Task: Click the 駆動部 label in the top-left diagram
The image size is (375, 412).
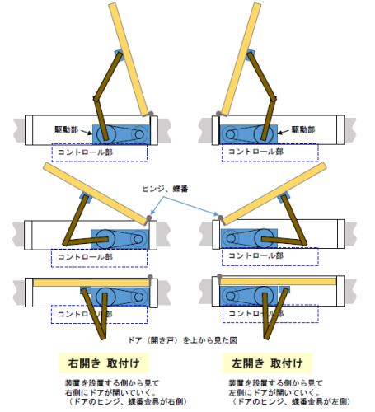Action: [x=66, y=129]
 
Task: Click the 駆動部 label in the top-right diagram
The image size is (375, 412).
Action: [x=303, y=129]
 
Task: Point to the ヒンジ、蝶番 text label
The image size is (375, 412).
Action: [x=165, y=189]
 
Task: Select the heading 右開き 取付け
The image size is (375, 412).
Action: [x=104, y=363]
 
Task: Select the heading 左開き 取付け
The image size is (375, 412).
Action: [x=267, y=363]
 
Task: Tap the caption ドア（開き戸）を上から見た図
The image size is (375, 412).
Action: [x=183, y=340]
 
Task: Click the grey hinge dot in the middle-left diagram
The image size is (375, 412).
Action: [x=148, y=218]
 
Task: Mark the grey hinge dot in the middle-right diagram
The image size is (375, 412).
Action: [x=220, y=218]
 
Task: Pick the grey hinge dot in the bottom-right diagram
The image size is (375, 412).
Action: [x=219, y=276]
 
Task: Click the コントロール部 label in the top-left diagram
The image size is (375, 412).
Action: [x=86, y=152]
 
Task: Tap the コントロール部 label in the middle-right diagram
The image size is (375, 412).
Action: [x=256, y=255]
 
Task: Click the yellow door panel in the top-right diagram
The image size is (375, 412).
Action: [x=241, y=59]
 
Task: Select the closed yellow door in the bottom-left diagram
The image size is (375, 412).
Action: [x=91, y=283]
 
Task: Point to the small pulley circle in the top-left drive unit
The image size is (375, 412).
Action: [x=139, y=134]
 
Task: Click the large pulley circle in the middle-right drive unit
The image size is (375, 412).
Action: [x=264, y=238]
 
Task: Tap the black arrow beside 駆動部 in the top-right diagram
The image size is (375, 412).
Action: [x=284, y=132]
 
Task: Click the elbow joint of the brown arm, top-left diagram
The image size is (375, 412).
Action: [x=96, y=98]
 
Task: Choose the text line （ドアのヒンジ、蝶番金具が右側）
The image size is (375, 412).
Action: [x=127, y=401]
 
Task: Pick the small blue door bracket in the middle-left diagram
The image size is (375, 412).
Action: [x=86, y=197]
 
